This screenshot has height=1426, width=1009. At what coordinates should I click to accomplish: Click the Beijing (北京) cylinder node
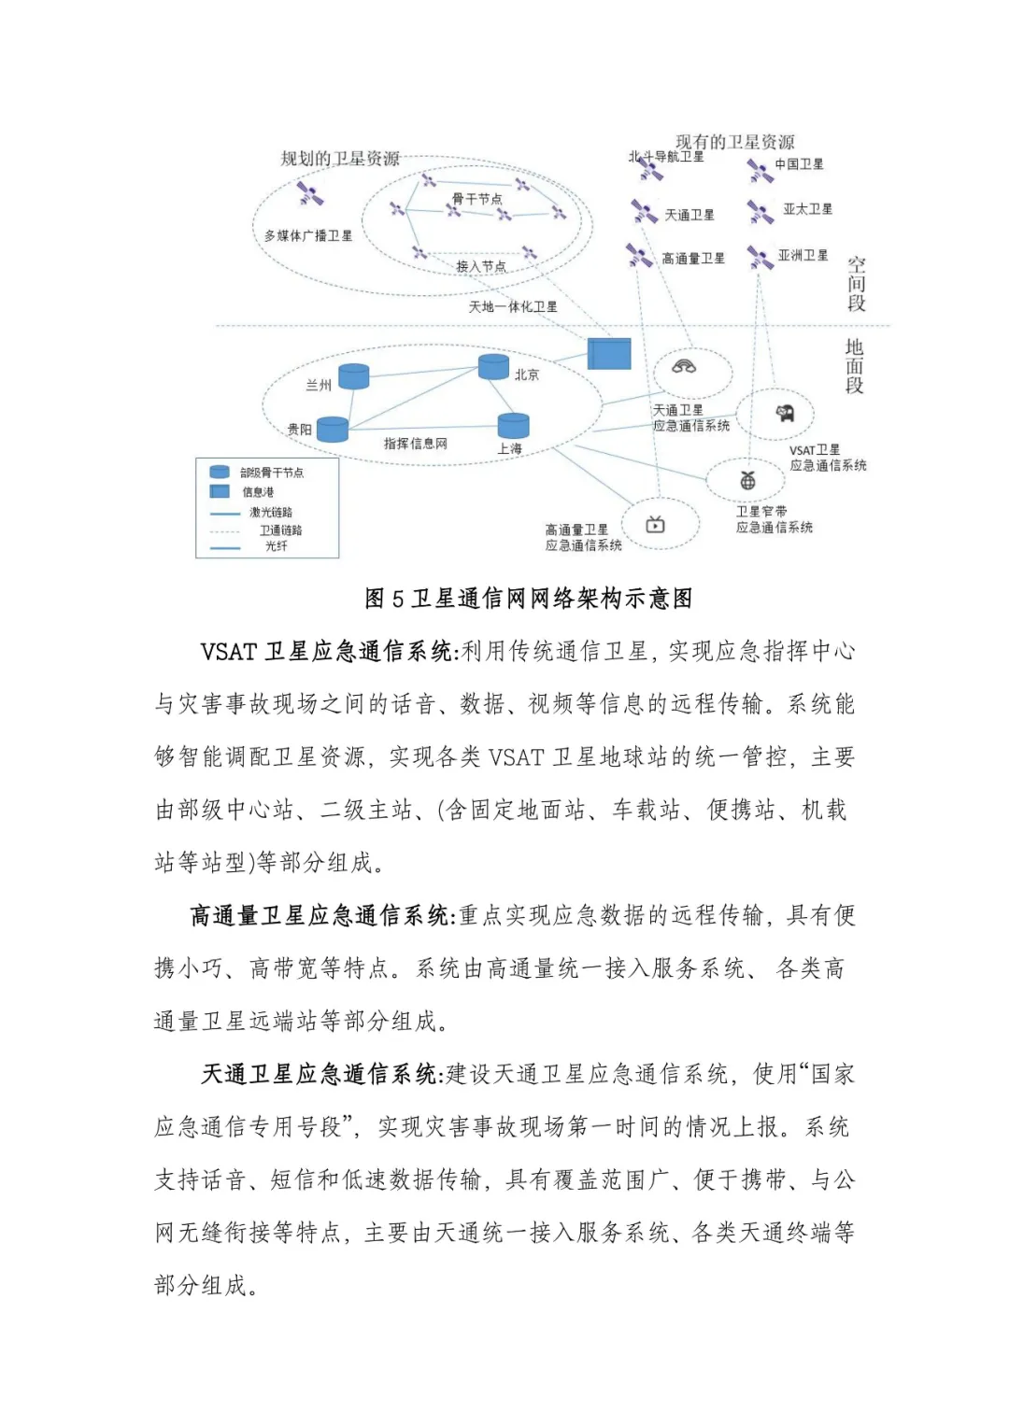pyautogui.click(x=493, y=366)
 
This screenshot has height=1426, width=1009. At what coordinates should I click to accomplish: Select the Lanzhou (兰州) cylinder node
pyautogui.click(x=353, y=376)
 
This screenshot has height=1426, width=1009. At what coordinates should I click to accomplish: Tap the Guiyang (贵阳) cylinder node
pyautogui.click(x=333, y=429)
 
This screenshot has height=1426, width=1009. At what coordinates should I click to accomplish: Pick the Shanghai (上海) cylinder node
pyautogui.click(x=513, y=425)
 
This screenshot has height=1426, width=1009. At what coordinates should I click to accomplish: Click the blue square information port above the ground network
pyautogui.click(x=609, y=354)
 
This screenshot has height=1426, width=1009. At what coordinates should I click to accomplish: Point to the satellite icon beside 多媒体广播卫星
pyautogui.click(x=309, y=194)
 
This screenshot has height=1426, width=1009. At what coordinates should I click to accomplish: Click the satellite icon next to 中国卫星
pyautogui.click(x=759, y=170)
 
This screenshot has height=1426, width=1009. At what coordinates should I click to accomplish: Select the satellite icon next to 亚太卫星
pyautogui.click(x=760, y=212)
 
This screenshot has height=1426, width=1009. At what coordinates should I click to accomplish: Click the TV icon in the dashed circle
pyautogui.click(x=656, y=525)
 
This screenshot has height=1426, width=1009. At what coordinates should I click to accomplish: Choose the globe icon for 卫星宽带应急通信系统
pyautogui.click(x=747, y=481)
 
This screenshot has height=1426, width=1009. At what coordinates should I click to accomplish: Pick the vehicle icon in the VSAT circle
pyautogui.click(x=785, y=413)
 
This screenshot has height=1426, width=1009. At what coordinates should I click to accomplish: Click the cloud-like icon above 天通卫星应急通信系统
pyautogui.click(x=684, y=366)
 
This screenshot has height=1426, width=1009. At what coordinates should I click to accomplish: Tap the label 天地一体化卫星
pyautogui.click(x=512, y=306)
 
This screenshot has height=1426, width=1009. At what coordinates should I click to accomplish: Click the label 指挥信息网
pyautogui.click(x=415, y=444)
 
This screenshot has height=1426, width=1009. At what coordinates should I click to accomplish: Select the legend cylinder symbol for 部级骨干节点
pyautogui.click(x=220, y=473)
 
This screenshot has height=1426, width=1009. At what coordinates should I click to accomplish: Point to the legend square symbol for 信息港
pyautogui.click(x=220, y=491)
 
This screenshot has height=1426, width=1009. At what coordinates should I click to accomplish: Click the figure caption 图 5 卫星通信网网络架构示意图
pyautogui.click(x=529, y=599)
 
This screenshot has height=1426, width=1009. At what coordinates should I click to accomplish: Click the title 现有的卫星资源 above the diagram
pyautogui.click(x=734, y=142)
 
